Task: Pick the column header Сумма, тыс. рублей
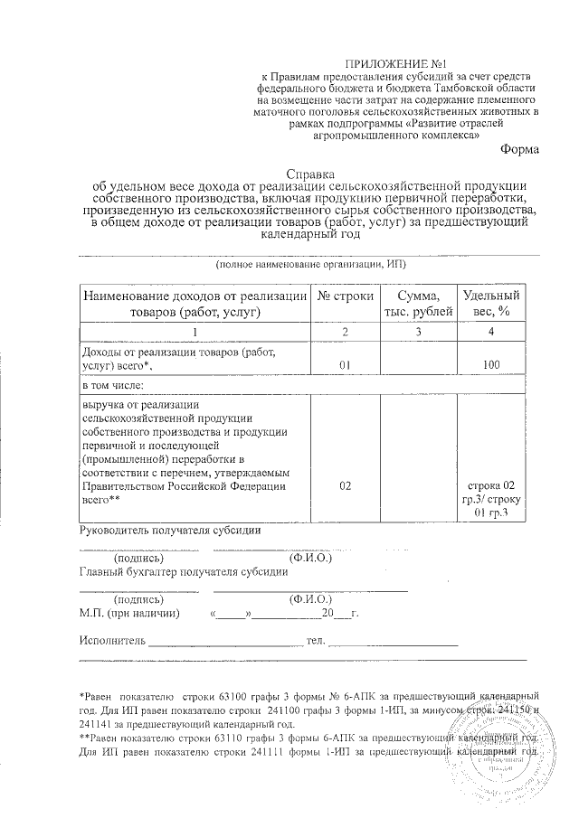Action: coord(413,304)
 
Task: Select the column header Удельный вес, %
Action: coord(490,304)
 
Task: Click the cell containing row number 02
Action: coord(344,485)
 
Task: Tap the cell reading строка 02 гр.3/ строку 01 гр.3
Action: coord(490,499)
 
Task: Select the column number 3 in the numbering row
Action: coord(413,332)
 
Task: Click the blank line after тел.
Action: coord(393,643)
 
